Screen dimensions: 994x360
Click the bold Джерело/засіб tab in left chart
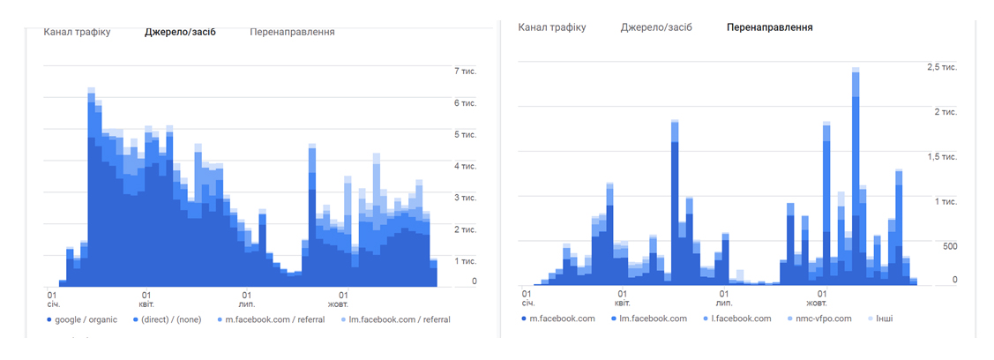click(180, 33)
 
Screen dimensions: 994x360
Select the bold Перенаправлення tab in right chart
click(770, 28)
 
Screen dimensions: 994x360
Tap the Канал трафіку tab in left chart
click(77, 33)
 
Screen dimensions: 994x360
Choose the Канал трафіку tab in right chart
click(551, 28)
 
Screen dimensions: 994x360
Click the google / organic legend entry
click(82, 319)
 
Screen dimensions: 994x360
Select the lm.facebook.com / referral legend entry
click(395, 319)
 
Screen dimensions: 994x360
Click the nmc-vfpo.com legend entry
click(819, 319)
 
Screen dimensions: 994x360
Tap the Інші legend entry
click(879, 319)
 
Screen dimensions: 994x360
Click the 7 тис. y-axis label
click(466, 71)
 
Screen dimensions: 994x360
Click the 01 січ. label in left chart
click(50, 300)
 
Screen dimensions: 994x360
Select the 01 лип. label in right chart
click(723, 298)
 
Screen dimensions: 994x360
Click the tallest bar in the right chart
click(856, 176)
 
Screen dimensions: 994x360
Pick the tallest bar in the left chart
click(92, 187)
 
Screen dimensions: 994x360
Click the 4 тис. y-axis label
click(466, 166)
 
